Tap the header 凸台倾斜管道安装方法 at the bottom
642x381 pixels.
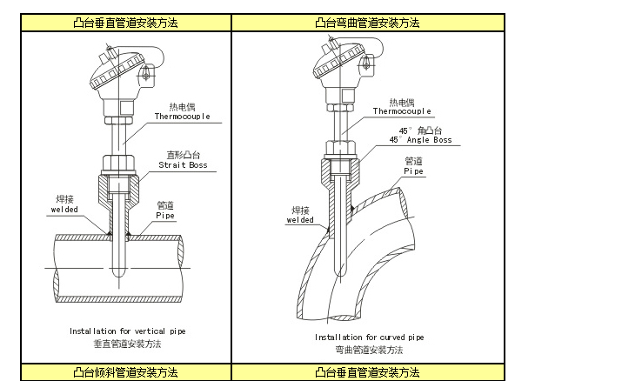(x=126, y=372)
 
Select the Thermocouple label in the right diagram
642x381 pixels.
(x=402, y=111)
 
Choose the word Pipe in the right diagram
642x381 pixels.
(x=414, y=171)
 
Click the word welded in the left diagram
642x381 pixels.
(x=64, y=209)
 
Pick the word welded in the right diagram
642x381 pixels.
(x=299, y=220)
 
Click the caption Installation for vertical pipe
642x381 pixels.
(x=128, y=331)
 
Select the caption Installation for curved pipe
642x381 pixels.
(x=369, y=336)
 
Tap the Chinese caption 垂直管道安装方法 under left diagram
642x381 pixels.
(x=128, y=344)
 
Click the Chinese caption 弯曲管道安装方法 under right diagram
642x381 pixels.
(x=369, y=349)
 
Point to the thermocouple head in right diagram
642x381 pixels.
(x=341, y=70)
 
